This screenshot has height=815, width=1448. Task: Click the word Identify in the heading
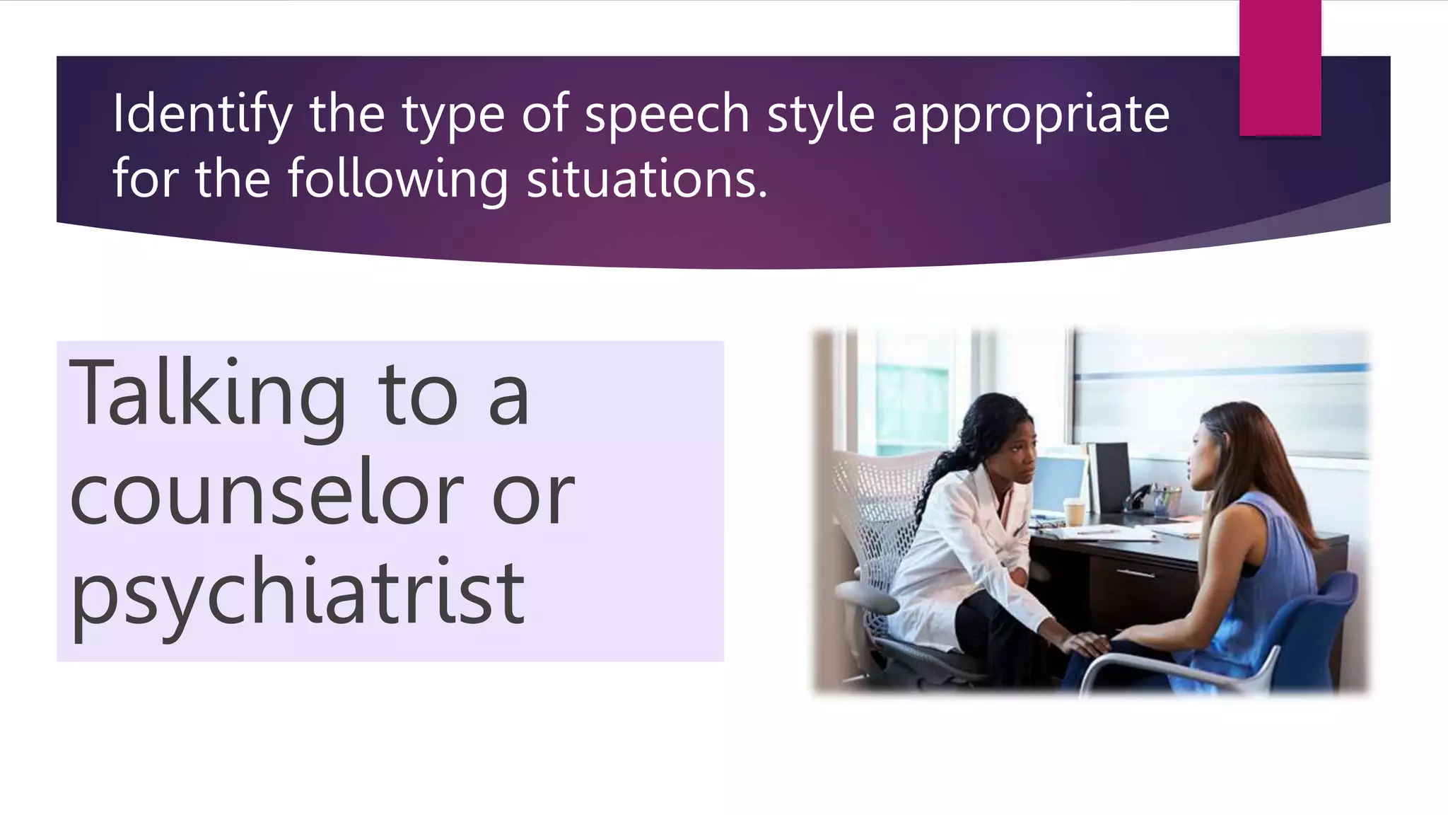[202, 115]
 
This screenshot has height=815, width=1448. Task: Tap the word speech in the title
[667, 115]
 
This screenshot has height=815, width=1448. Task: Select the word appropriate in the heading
[1030, 115]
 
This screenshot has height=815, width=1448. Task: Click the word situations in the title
[646, 179]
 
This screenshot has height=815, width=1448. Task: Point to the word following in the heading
[397, 179]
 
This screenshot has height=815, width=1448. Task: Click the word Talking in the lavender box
[206, 395]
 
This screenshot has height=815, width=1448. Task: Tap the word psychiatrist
[297, 594]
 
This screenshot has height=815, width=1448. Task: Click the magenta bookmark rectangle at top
[1280, 67]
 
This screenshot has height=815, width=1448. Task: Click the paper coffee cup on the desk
[1074, 511]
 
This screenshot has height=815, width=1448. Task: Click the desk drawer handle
[1135, 572]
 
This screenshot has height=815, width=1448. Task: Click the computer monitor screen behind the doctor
[1057, 484]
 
